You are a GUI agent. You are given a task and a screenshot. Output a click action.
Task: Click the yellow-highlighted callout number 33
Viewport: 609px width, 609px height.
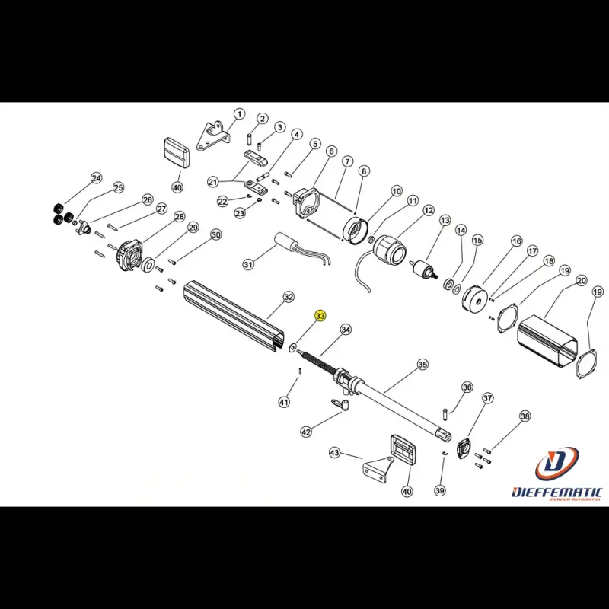click(320, 315)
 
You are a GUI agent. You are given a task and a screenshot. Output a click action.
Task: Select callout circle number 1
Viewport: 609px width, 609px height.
click(239, 114)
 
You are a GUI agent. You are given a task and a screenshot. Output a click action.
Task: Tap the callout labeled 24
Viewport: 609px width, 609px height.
click(96, 178)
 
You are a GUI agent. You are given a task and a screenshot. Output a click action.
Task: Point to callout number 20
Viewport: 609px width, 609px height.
click(581, 281)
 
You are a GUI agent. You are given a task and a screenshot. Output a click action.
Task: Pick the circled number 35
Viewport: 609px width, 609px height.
click(422, 365)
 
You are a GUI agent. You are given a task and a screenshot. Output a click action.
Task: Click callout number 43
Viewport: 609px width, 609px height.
click(334, 453)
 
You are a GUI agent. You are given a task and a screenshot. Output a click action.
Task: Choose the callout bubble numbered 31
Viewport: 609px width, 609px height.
click(248, 265)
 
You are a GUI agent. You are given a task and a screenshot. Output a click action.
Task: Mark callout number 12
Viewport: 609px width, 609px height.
click(429, 210)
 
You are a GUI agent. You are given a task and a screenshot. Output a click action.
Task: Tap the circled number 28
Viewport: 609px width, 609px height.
click(179, 217)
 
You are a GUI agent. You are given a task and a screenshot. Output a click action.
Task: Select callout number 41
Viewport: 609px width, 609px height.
click(284, 402)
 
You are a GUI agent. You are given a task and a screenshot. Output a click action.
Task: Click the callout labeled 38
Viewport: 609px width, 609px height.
click(525, 416)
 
